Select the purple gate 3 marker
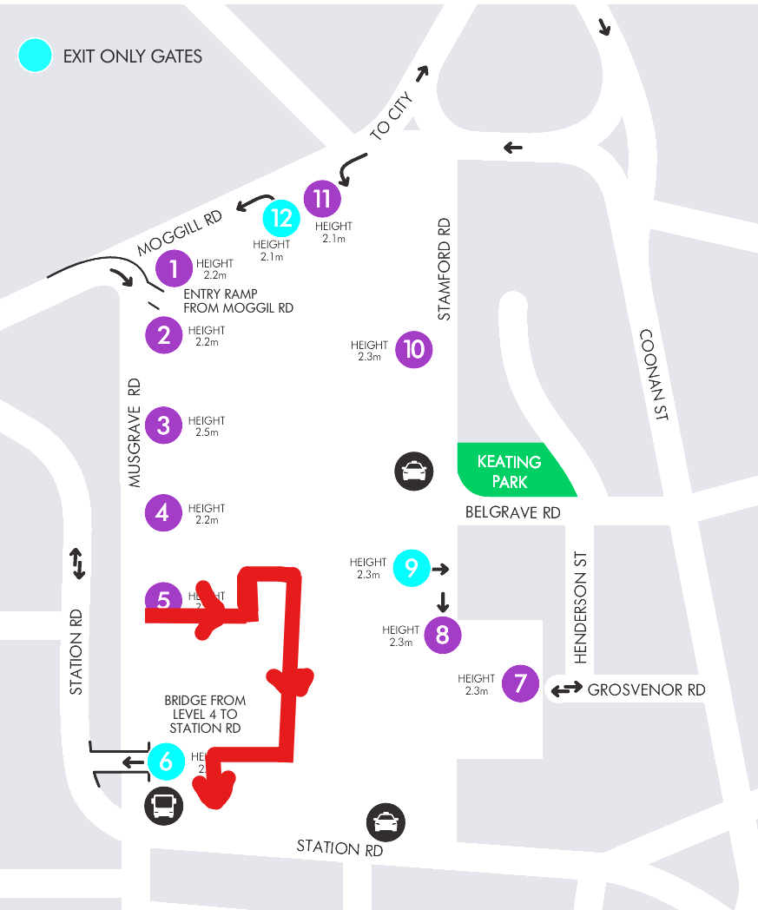(x=164, y=425)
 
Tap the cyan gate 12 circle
(x=281, y=218)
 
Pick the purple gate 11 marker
(x=322, y=199)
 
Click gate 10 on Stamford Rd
(x=414, y=349)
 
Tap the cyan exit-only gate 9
(x=412, y=568)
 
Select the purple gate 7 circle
(x=520, y=683)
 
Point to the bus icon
(x=163, y=807)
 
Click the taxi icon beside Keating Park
(x=414, y=471)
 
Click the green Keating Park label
(x=510, y=471)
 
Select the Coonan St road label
(x=654, y=374)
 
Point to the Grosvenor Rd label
(x=646, y=690)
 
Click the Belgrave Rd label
(x=512, y=512)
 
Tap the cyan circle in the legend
(x=36, y=56)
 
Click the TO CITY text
(x=392, y=117)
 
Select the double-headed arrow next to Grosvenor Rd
(x=566, y=690)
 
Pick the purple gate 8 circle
(x=442, y=635)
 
